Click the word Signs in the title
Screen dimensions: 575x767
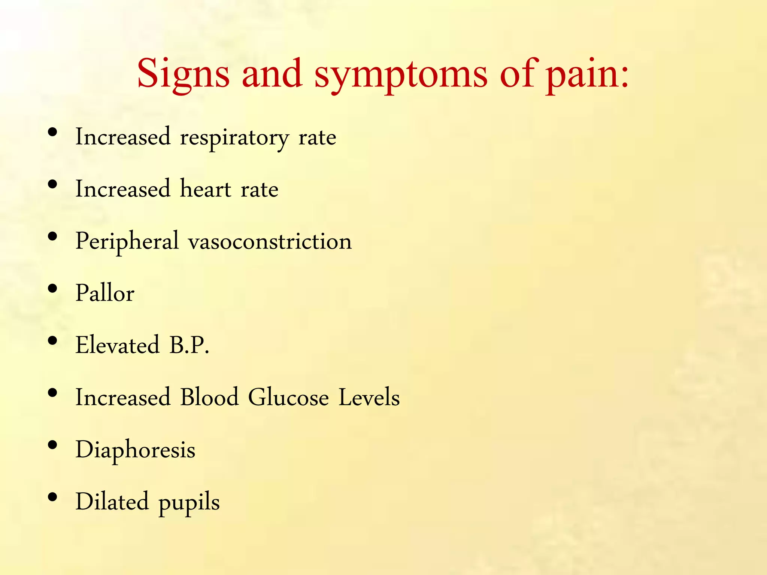(x=183, y=74)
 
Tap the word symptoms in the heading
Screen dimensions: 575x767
(x=401, y=74)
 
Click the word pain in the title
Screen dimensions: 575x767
(x=581, y=74)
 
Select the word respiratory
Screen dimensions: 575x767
(x=234, y=138)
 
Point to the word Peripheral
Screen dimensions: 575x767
(x=127, y=241)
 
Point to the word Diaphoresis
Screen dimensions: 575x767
(x=135, y=450)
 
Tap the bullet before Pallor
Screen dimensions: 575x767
(x=53, y=289)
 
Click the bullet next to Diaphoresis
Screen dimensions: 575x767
(x=53, y=445)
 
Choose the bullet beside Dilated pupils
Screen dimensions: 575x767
(x=53, y=497)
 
